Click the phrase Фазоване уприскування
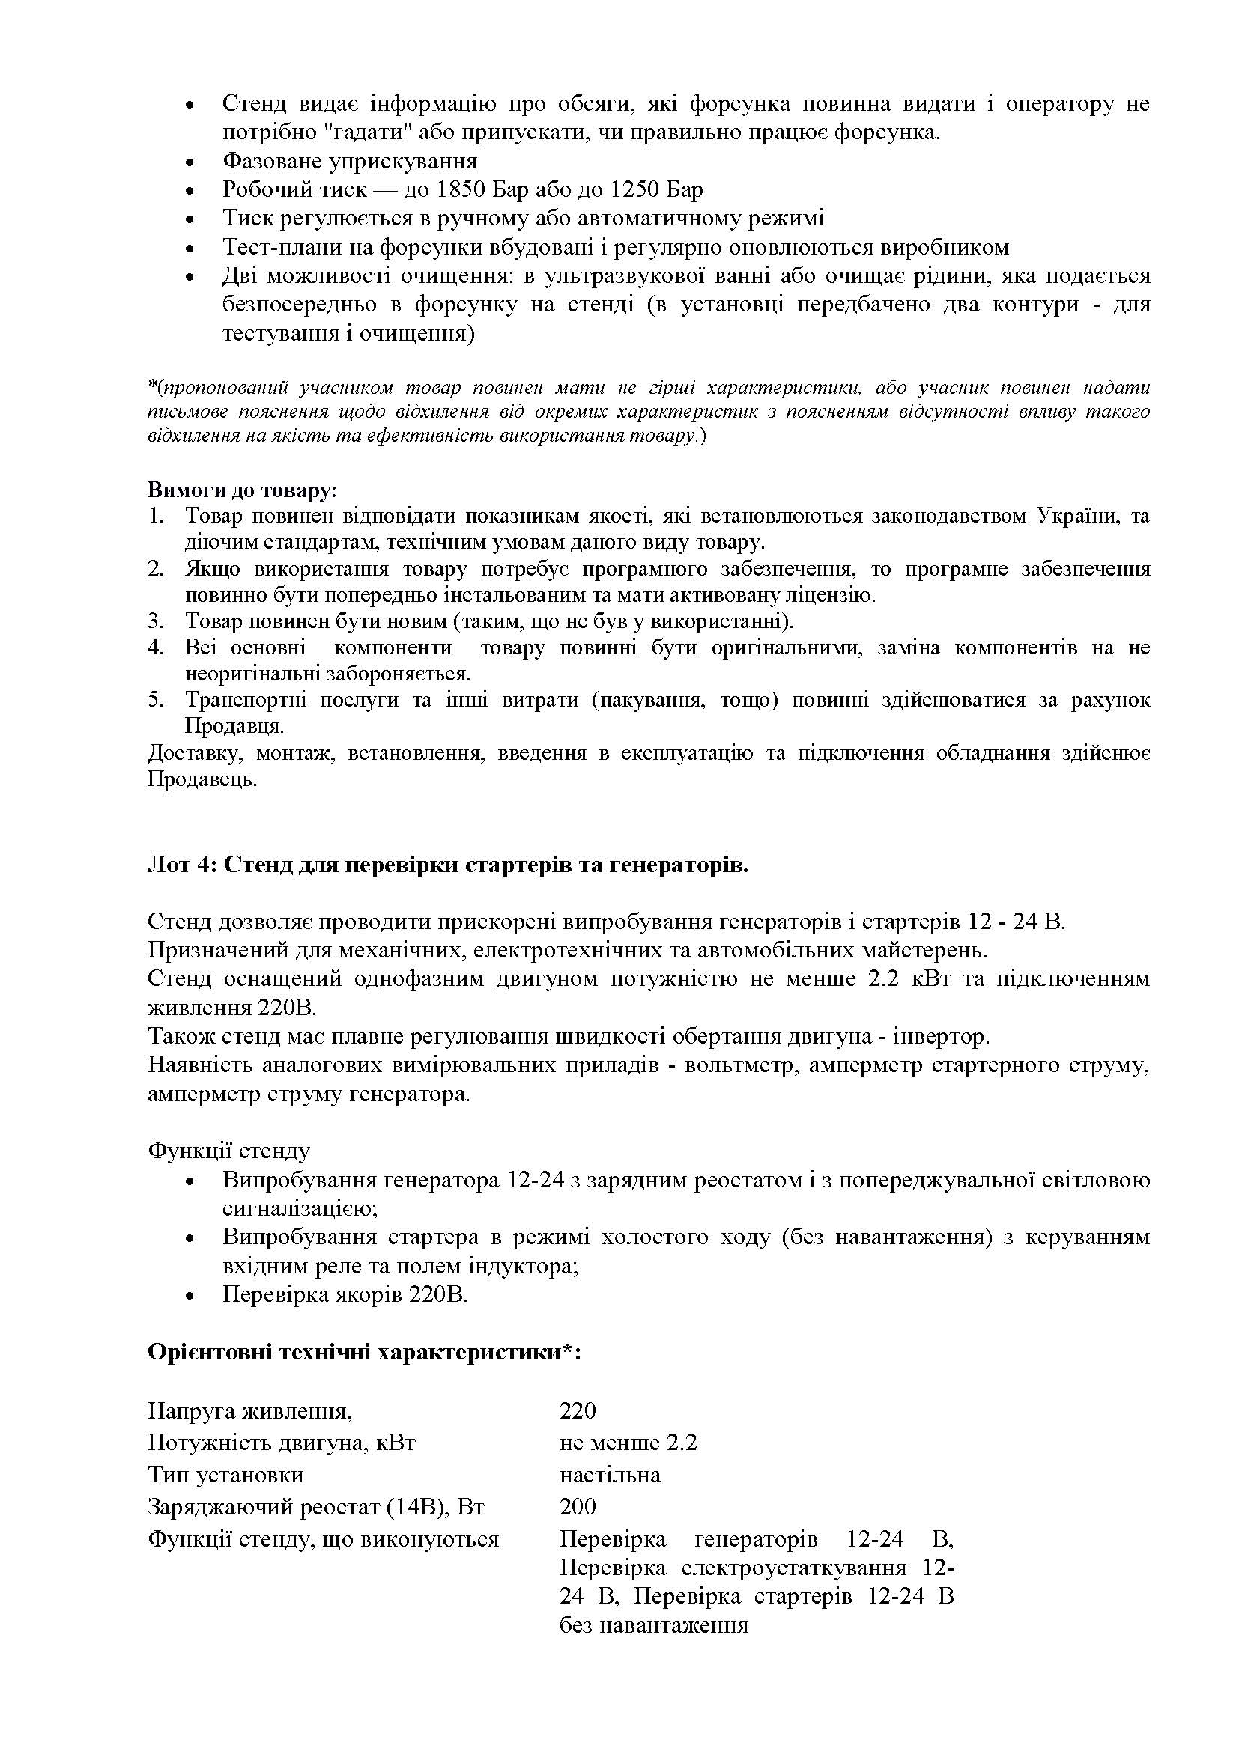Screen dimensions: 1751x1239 pos(349,161)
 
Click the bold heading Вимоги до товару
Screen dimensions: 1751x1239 pos(240,490)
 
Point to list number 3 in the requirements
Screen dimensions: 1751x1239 pos(155,621)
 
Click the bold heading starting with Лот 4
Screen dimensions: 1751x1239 pos(448,867)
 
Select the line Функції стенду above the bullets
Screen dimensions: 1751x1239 pos(228,1151)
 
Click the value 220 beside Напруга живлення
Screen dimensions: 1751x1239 pos(578,1411)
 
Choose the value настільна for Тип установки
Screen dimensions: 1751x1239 pos(610,1474)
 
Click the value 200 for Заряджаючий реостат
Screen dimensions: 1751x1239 pos(578,1506)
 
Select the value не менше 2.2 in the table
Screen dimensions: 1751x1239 pos(628,1443)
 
